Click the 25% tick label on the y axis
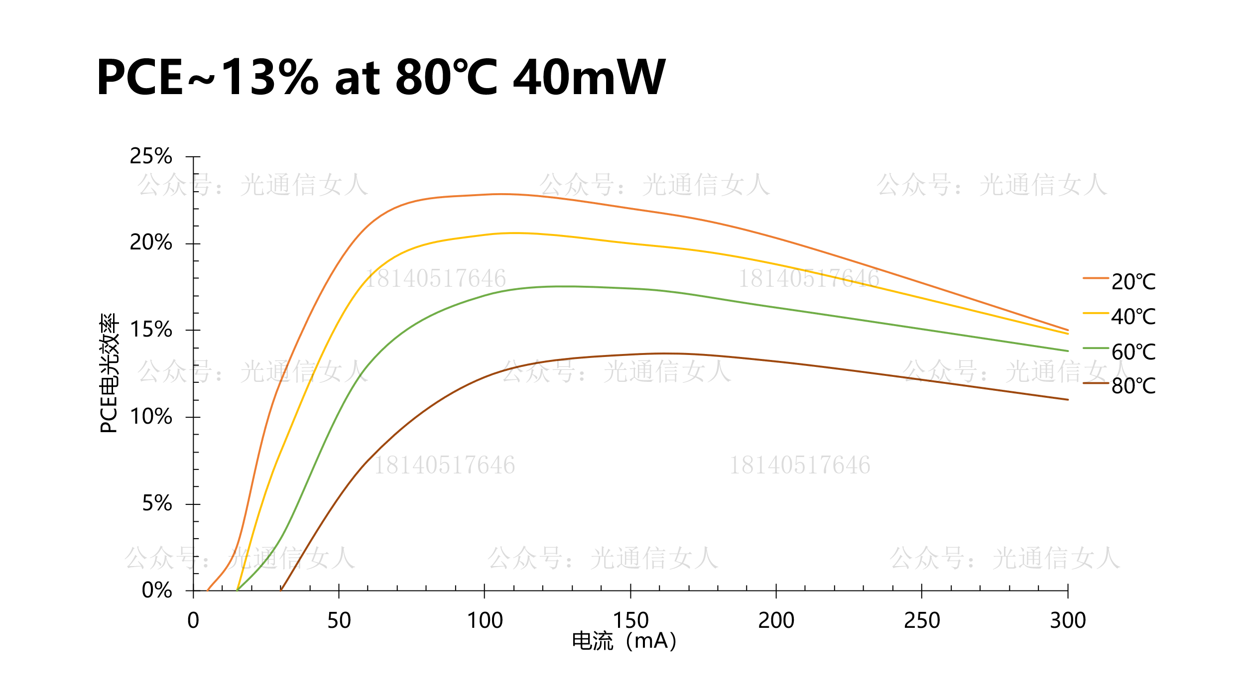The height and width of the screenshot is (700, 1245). coord(150,156)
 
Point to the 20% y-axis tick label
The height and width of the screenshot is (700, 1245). coord(150,243)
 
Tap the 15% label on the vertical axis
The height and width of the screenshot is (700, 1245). coord(150,330)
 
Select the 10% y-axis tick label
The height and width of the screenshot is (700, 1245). coord(150,417)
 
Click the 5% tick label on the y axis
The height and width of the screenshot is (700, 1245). coord(157,504)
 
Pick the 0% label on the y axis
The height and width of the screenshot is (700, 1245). coord(157,590)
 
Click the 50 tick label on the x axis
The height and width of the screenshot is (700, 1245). coord(339,621)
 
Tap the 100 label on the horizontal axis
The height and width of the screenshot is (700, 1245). coord(485,621)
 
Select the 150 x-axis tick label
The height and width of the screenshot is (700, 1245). coord(630,621)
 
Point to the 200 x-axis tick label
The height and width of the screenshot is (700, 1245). coord(776,621)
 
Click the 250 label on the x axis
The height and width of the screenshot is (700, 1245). coord(922,621)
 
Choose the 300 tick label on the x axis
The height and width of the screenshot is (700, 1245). coord(1068,621)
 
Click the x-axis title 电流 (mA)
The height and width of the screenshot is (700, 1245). coord(624,641)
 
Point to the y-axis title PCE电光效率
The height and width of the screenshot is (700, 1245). coord(109,373)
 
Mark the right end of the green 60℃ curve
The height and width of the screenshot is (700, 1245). coord(1068,351)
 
